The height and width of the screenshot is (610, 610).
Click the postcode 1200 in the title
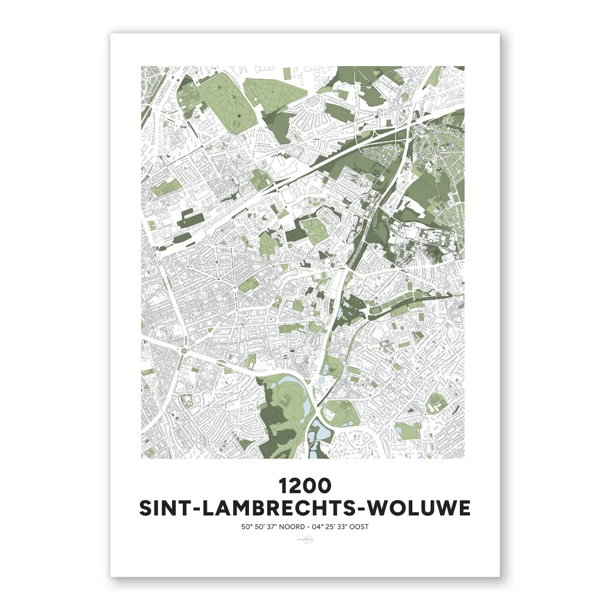point(304,485)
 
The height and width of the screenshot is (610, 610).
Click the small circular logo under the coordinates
point(304,540)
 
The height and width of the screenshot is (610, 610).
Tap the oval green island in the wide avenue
point(246,288)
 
